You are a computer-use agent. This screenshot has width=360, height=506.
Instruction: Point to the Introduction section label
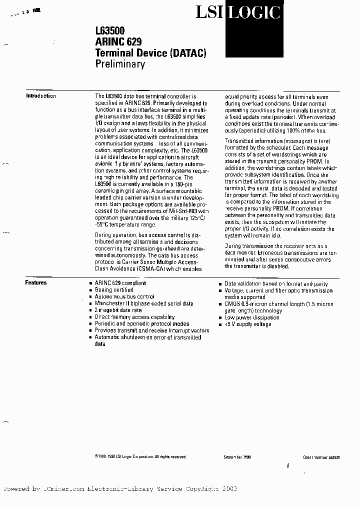pyautogui.click(x=41, y=96)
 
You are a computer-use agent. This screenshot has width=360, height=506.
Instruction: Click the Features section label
pyautogui.click(x=36, y=282)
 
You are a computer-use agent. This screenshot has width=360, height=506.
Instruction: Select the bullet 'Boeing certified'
pyautogui.click(x=114, y=290)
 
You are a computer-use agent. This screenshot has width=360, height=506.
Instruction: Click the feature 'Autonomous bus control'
pyautogui.click(x=124, y=296)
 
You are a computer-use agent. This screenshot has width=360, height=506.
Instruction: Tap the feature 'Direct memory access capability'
pyautogui.click(x=134, y=317)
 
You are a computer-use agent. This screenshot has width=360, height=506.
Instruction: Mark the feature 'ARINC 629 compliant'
pyautogui.click(x=121, y=283)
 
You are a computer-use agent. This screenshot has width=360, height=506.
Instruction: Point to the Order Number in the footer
pyautogui.click(x=321, y=457)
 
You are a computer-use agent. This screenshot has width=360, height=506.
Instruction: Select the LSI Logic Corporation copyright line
pyautogui.click(x=140, y=457)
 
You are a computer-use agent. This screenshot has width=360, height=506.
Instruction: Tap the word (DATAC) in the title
pyautogui.click(x=188, y=52)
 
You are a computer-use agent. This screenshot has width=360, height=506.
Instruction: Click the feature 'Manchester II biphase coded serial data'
pyautogui.click(x=144, y=303)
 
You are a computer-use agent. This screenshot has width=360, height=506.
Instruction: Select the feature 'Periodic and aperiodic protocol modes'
pyautogui.click(x=142, y=323)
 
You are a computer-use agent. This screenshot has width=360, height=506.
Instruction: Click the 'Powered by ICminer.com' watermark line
pyautogui.click(x=120, y=489)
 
